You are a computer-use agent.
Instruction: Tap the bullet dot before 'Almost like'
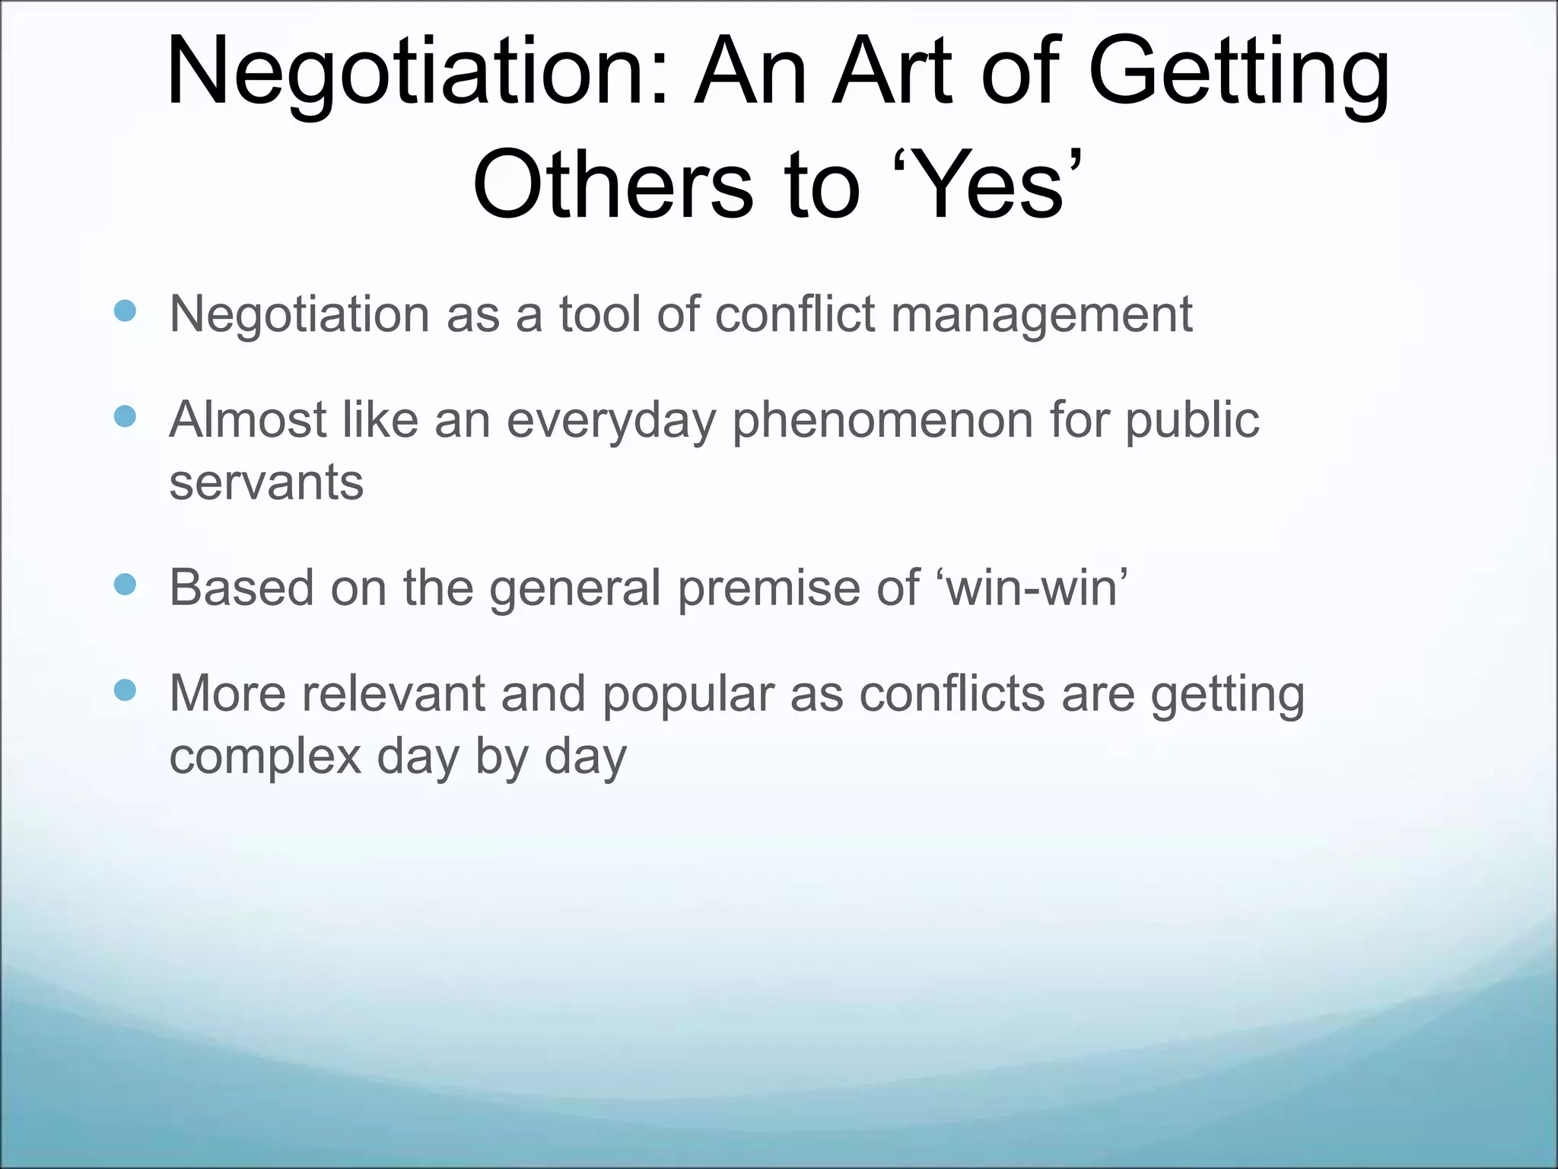pyautogui.click(x=125, y=416)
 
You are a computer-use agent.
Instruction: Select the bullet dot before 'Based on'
pyautogui.click(x=125, y=584)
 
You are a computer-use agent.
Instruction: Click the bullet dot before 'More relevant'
pyautogui.click(x=125, y=690)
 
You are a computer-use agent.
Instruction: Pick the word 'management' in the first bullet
pyautogui.click(x=1041, y=314)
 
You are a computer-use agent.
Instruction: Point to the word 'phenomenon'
pyautogui.click(x=882, y=420)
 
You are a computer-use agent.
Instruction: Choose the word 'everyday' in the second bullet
pyautogui.click(x=612, y=420)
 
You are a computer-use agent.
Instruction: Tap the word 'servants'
pyautogui.click(x=266, y=483)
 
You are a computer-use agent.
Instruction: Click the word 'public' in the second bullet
pyautogui.click(x=1192, y=420)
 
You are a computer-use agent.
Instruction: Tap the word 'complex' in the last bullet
pyautogui.click(x=265, y=757)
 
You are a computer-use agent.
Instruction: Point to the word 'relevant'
pyautogui.click(x=393, y=694)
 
